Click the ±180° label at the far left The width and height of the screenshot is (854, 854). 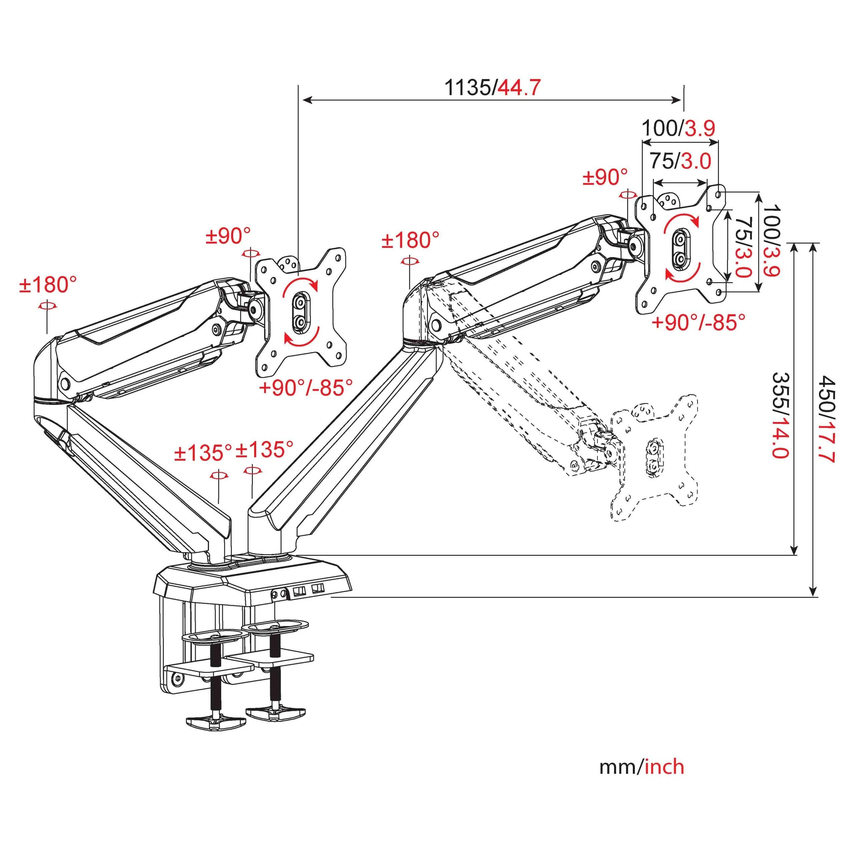48,285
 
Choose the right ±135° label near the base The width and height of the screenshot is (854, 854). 264,450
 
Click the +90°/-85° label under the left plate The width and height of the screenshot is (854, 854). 306,388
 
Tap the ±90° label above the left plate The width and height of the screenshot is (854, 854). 228,237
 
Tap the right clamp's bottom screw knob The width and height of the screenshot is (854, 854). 276,711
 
